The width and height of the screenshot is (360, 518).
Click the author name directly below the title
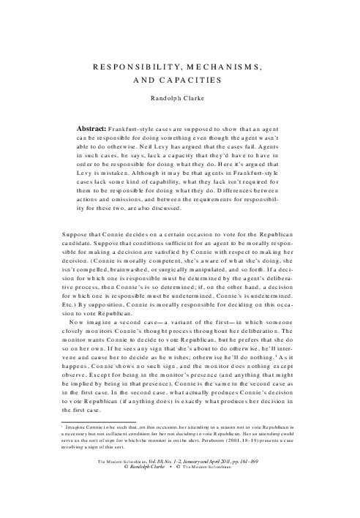179,97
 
